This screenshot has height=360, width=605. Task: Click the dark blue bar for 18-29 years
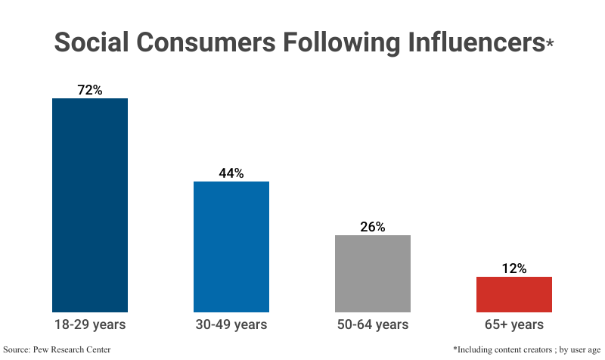[x=89, y=204]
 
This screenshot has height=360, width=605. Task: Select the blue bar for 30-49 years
[x=231, y=247]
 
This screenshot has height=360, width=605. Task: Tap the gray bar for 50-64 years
[x=373, y=273]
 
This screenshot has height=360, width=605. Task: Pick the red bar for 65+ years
[x=514, y=294]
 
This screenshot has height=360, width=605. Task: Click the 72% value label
[x=89, y=90]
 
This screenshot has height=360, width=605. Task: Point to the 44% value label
[x=231, y=173]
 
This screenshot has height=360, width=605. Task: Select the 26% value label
[x=373, y=227]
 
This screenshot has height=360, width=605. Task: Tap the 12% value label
[x=514, y=268]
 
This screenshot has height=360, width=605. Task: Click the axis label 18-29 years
[x=89, y=324]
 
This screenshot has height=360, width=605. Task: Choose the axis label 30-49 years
[x=231, y=324]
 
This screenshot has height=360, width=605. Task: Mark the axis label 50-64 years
[x=373, y=324]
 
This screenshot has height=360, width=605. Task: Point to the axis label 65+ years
[x=514, y=324]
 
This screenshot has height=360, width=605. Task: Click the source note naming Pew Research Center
[x=57, y=349]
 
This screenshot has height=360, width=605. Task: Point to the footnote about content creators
[x=526, y=349]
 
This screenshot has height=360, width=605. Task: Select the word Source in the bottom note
[x=17, y=349]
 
